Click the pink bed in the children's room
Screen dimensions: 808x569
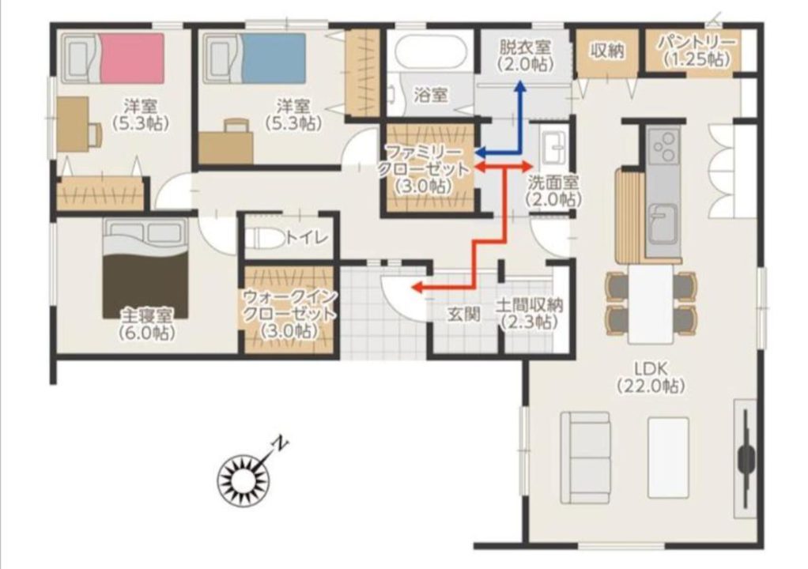113,58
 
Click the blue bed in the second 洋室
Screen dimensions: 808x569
255,58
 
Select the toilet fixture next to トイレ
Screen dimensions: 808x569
265,238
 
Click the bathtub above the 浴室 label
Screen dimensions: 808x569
429,51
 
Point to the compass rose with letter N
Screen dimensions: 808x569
244,480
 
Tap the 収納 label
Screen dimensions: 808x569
607,51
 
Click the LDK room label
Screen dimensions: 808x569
651,377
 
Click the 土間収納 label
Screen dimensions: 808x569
529,313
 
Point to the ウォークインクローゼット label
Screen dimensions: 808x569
289,313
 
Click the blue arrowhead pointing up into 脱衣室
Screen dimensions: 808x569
520,87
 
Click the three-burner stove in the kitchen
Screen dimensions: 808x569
665,148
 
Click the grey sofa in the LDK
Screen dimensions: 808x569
585,457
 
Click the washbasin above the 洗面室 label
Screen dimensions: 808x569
554,146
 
